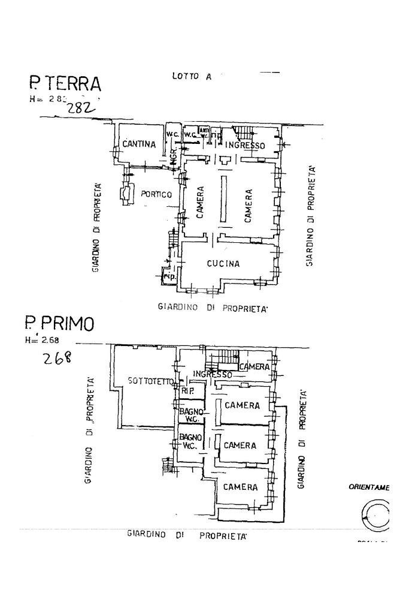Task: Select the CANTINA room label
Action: tap(139, 144)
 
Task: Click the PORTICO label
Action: tap(156, 194)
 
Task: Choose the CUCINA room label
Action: tap(223, 263)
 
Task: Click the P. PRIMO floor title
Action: tap(59, 324)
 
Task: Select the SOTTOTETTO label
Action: tap(150, 381)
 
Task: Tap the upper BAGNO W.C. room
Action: tap(191, 415)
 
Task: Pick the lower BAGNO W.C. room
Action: tap(190, 441)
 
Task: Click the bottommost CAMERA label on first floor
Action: tap(240, 487)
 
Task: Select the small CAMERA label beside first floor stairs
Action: tap(254, 367)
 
